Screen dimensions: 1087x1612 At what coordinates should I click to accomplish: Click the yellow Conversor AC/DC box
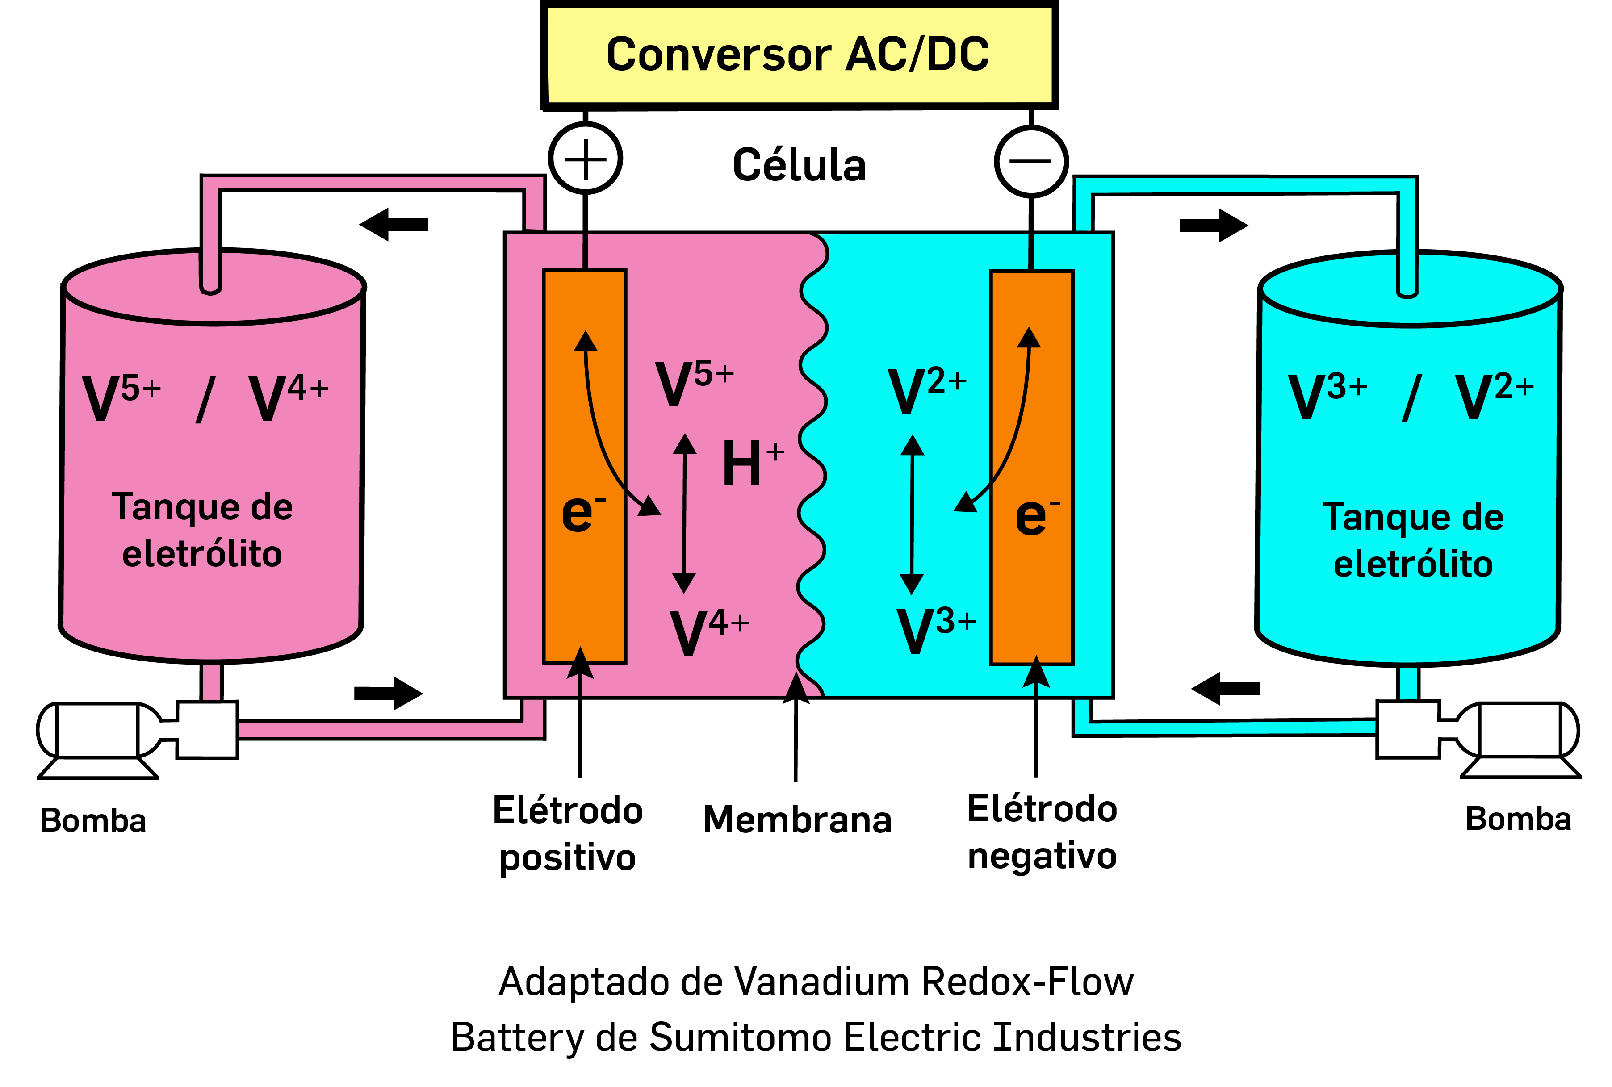[799, 55]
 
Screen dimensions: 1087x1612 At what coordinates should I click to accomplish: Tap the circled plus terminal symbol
[585, 159]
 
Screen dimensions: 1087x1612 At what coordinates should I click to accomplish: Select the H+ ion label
[752, 463]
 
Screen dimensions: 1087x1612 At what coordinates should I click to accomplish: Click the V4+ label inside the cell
[708, 631]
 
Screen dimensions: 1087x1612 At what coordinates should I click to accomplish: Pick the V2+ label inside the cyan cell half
[926, 389]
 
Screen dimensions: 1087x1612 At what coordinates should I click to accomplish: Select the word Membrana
[797, 819]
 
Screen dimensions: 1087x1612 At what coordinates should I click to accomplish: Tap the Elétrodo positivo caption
[567, 834]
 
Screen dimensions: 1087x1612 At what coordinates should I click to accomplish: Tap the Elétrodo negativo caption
[1041, 832]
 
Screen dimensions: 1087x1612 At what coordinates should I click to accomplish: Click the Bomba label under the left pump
[93, 821]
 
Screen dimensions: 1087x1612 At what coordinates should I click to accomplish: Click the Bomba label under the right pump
[1518, 819]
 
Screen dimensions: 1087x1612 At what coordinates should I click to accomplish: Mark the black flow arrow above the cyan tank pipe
[1213, 225]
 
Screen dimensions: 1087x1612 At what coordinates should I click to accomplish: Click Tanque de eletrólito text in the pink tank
[202, 530]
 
